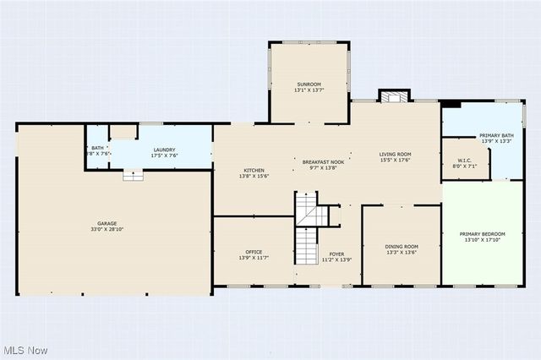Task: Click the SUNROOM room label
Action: (309, 84)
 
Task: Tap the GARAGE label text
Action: (107, 224)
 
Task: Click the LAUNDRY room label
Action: (164, 150)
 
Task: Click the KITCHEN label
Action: (254, 170)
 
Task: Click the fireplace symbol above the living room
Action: (391, 96)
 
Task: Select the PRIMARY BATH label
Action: (496, 135)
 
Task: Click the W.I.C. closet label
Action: (464, 161)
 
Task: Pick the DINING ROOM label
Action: (402, 246)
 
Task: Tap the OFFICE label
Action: (253, 251)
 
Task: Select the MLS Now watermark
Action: (25, 350)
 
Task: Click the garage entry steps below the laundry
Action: (132, 175)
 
